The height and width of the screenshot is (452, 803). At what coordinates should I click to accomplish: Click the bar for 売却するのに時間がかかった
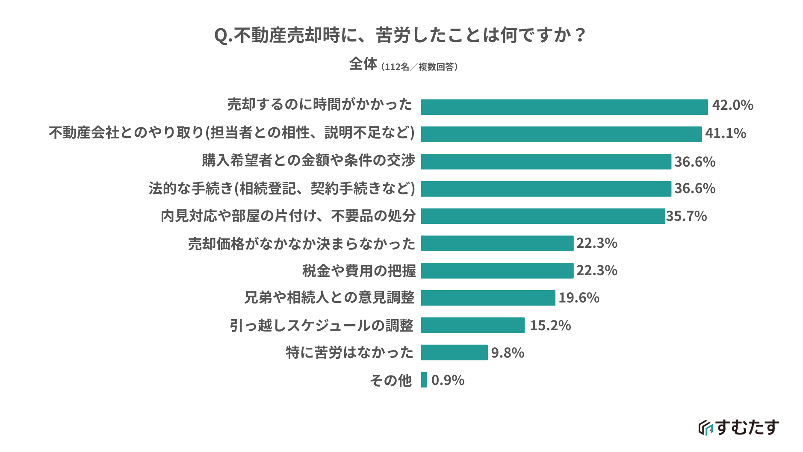pyautogui.click(x=564, y=107)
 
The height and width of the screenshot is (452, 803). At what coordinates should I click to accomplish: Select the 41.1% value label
pyautogui.click(x=726, y=134)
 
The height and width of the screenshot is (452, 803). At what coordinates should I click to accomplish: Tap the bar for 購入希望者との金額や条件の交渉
pyautogui.click(x=546, y=161)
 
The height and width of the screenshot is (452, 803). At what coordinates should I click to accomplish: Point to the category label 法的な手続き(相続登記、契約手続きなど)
pyautogui.click(x=282, y=188)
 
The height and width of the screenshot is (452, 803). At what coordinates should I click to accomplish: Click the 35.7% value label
pyautogui.click(x=686, y=216)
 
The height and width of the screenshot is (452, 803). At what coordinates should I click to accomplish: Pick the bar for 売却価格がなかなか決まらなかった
pyautogui.click(x=497, y=243)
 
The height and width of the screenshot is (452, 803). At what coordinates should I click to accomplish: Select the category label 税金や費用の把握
pyautogui.click(x=359, y=271)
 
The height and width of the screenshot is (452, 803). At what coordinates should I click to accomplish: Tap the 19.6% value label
pyautogui.click(x=579, y=298)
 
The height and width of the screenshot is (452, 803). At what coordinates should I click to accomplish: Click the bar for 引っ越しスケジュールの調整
pyautogui.click(x=472, y=325)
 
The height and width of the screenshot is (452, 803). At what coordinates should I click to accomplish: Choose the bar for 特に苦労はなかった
pyautogui.click(x=454, y=352)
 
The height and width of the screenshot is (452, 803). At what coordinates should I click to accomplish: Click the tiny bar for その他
pyautogui.click(x=424, y=380)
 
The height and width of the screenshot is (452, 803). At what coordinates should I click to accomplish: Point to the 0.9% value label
pyautogui.click(x=448, y=380)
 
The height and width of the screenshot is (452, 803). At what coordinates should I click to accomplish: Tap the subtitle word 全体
pyautogui.click(x=363, y=64)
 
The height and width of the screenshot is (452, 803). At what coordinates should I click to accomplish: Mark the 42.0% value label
pyautogui.click(x=732, y=106)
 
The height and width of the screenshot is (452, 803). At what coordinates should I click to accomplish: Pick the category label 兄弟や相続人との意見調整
pyautogui.click(x=329, y=298)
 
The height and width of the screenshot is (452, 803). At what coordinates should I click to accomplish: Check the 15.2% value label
pyautogui.click(x=550, y=326)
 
